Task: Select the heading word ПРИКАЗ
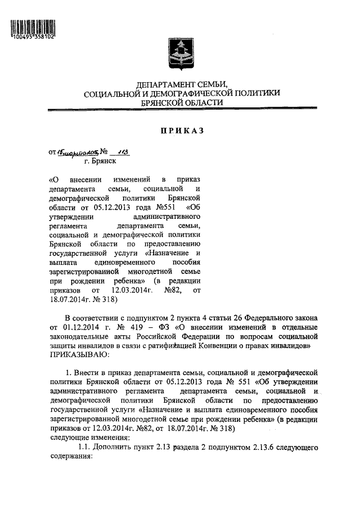[180, 130]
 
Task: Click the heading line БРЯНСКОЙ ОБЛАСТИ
[181, 103]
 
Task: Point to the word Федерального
[264, 318]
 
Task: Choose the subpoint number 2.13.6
[249, 448]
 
